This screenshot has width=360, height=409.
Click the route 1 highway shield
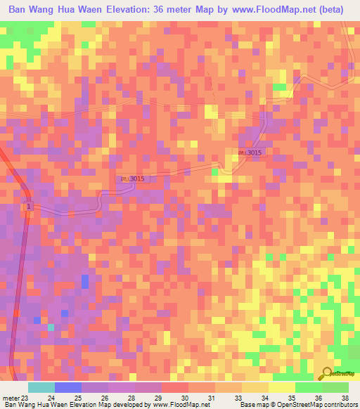(29, 207)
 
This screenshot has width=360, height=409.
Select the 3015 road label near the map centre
(132, 179)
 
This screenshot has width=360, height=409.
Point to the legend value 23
(25, 397)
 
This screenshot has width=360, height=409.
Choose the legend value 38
(344, 397)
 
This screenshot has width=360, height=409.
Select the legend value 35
(290, 397)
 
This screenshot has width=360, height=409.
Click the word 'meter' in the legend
(11, 397)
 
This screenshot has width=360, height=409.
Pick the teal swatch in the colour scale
(41, 387)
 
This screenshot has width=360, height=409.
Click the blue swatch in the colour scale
(67, 387)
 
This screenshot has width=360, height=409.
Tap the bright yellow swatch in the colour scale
(281, 387)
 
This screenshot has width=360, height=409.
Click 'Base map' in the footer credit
(251, 405)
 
